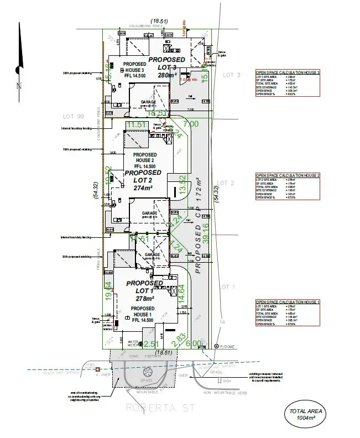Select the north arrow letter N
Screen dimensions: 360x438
(18, 86)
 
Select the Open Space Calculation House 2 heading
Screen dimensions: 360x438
(288, 175)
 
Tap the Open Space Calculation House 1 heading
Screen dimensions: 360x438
(288, 302)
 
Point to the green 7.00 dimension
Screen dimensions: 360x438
(190, 124)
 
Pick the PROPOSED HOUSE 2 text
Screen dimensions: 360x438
(144, 158)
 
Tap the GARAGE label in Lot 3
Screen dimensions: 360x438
(148, 102)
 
